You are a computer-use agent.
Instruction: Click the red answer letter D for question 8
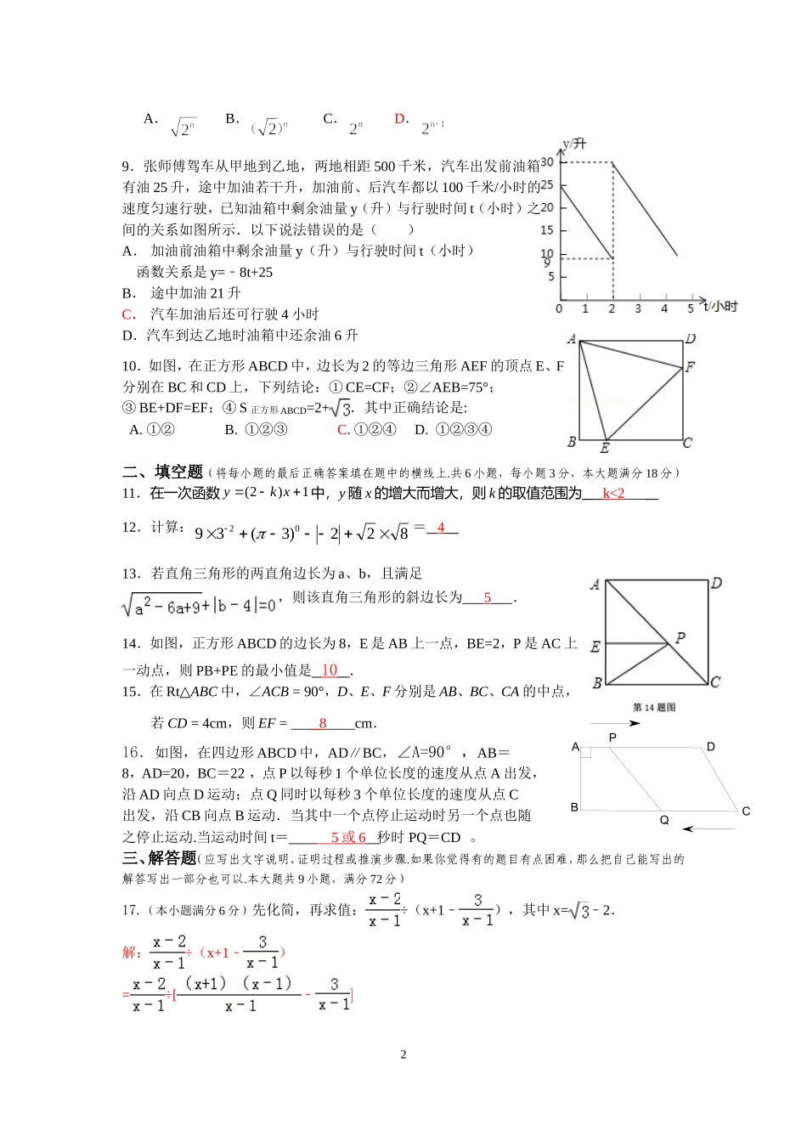coord(401,119)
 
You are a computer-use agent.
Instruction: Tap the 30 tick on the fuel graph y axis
coord(547,161)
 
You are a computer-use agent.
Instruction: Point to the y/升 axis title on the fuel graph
coord(574,144)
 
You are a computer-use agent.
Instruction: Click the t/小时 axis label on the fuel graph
coord(720,306)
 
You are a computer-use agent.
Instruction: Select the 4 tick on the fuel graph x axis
coord(664,308)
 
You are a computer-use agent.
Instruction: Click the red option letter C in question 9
coord(127,314)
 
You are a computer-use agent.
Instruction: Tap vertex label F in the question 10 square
coord(690,367)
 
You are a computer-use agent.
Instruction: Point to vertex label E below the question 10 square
coord(605,448)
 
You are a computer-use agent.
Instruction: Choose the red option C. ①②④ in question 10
coord(366,430)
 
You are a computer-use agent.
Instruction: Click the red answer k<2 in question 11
coord(613,494)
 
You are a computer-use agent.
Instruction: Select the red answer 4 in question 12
coord(441,528)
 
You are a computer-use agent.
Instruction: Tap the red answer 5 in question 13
coord(488,597)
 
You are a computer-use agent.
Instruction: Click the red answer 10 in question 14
coord(330,670)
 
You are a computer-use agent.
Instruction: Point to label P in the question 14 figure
coord(680,637)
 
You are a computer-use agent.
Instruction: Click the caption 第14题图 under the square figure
coord(654,707)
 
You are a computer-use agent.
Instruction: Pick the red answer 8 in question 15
coord(323,723)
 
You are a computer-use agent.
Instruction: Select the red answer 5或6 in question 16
coord(348,837)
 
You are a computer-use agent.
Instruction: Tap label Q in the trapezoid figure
coord(664,820)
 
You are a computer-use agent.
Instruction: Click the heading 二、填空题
coord(162,472)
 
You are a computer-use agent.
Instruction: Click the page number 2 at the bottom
coord(403,1054)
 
